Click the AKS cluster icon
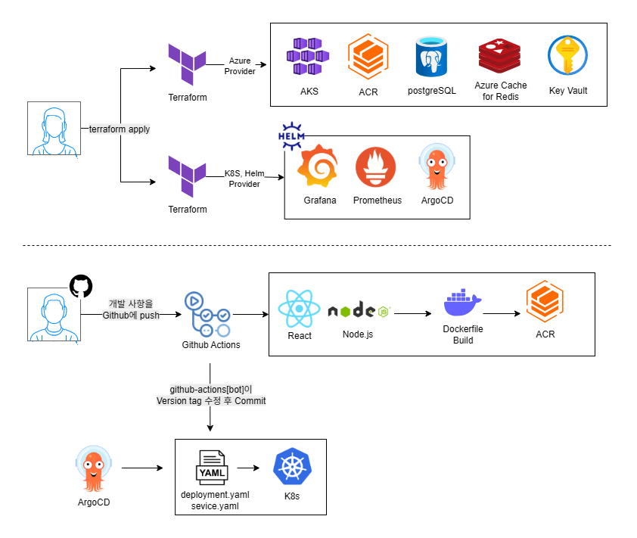click(x=309, y=57)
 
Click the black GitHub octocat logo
click(x=80, y=286)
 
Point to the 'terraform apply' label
click(x=120, y=129)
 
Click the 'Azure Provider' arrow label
click(x=240, y=66)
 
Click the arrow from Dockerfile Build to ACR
click(x=502, y=312)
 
